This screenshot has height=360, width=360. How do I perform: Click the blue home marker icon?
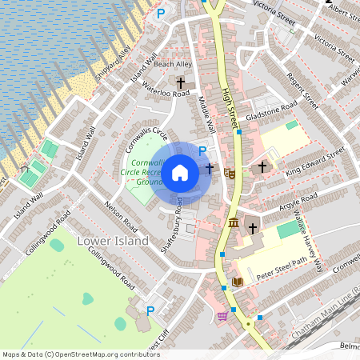click(x=181, y=172)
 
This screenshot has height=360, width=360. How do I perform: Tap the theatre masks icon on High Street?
click(x=229, y=170)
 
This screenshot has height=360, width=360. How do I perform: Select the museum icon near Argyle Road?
click(x=233, y=222)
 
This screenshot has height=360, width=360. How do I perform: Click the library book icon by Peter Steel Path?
click(x=237, y=282)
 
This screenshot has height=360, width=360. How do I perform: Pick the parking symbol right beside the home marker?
click(x=202, y=151)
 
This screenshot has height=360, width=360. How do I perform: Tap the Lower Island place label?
click(x=112, y=241)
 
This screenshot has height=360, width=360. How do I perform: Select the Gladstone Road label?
click(x=272, y=110)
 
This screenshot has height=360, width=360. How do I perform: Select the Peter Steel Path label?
click(x=282, y=268)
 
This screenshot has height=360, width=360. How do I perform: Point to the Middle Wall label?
click(x=206, y=117)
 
